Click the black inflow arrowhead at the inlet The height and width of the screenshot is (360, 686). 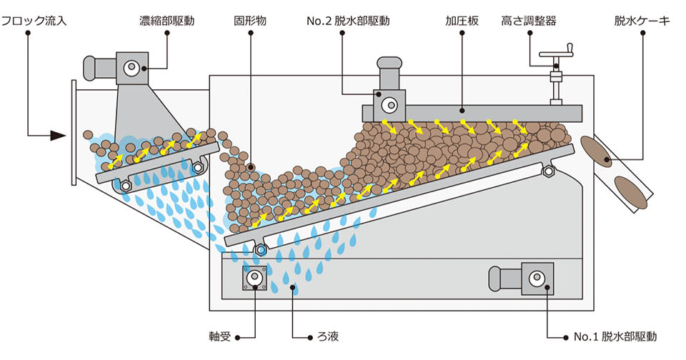[60, 134]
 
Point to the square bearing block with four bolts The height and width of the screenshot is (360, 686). [255, 278]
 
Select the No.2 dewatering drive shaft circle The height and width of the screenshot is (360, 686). [388, 104]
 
